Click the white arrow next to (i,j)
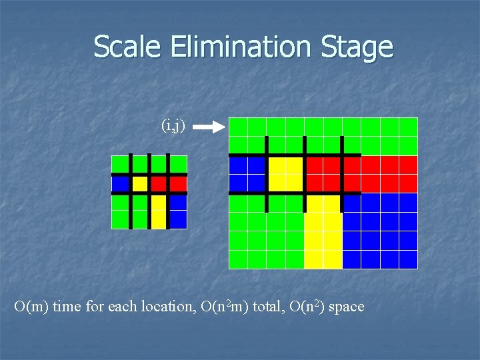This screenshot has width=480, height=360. point(213,127)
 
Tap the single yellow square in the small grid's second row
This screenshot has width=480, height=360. point(140,183)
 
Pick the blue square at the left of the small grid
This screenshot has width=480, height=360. point(120,183)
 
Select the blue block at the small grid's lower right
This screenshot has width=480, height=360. point(178,211)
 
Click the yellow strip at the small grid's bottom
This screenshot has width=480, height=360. point(158,211)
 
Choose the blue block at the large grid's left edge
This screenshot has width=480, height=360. point(247,173)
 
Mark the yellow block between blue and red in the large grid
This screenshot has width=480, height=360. point(285,173)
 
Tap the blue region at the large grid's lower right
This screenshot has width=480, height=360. point(380,231)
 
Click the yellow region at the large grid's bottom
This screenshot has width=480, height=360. point(323,231)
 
